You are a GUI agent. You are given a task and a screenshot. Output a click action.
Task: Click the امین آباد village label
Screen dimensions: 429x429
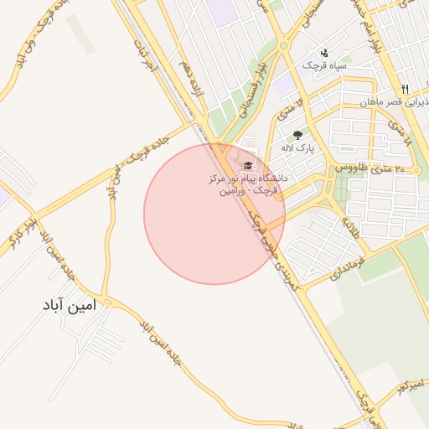tap(70, 306)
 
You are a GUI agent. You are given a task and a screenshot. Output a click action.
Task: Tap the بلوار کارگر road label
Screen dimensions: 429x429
tap(20, 226)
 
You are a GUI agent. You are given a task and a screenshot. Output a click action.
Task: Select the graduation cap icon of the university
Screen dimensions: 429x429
tap(247, 165)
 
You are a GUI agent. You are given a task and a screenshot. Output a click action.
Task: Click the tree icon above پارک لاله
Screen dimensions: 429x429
tap(297, 135)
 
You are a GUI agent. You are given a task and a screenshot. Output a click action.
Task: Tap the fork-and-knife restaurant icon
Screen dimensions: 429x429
tap(405, 89)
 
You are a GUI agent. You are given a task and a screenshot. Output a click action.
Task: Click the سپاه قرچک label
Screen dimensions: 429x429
tap(329, 65)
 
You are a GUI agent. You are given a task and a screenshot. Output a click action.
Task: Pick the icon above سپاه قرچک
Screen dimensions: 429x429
tap(325, 52)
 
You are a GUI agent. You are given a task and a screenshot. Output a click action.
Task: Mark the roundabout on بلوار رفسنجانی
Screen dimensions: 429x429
tap(284, 47)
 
